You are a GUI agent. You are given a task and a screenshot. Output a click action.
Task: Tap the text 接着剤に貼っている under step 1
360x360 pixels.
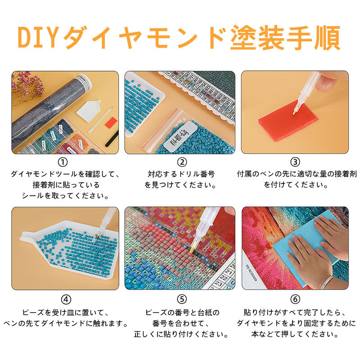pos(65,184)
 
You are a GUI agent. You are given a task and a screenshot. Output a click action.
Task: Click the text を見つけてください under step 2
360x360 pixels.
pos(181,184)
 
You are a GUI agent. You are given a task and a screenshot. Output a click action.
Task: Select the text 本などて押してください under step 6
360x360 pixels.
pos(295,334)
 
